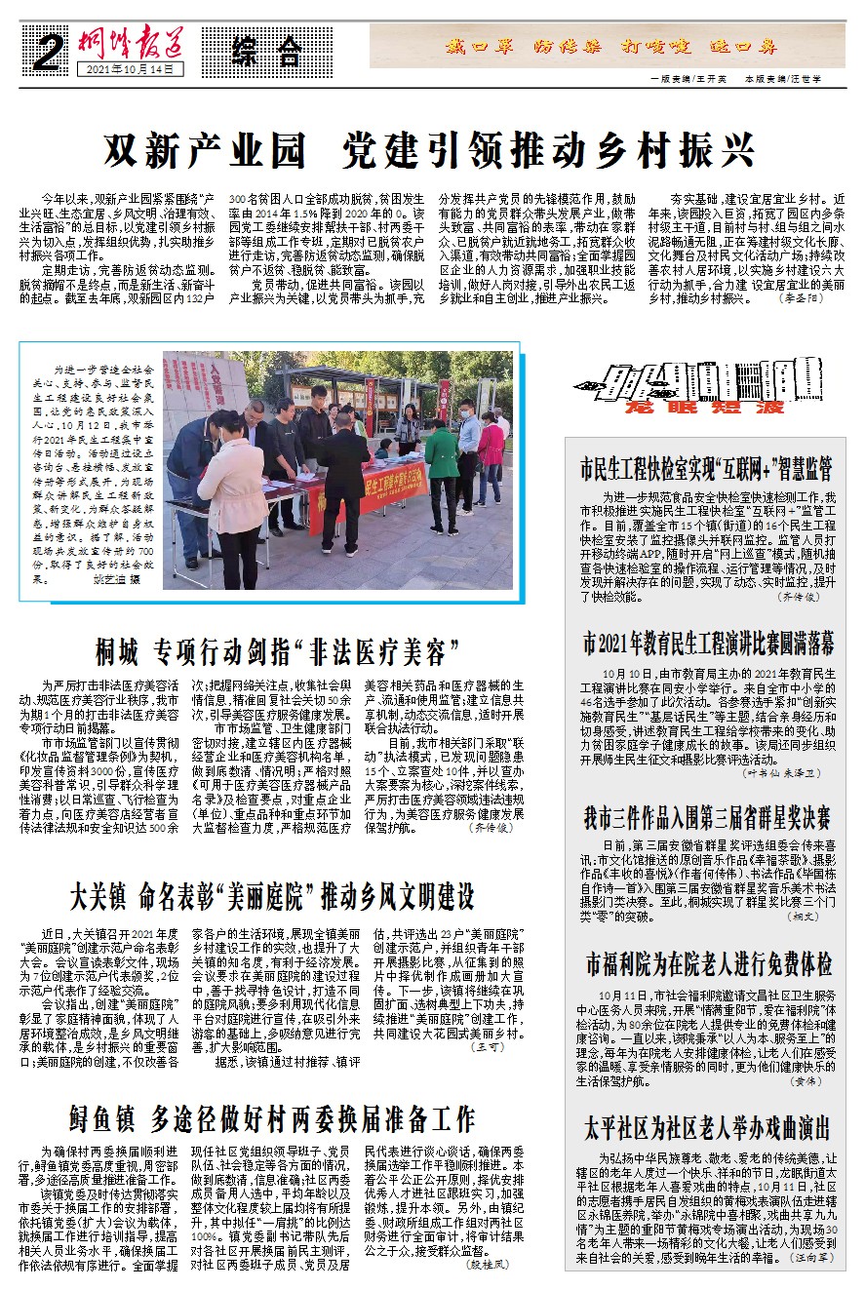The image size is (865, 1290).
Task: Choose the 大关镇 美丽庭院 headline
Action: (272, 894)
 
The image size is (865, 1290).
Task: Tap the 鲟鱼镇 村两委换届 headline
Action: (272, 1117)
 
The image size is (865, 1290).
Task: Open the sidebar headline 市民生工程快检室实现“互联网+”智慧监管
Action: (706, 466)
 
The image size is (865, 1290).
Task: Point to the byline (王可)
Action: (488, 1046)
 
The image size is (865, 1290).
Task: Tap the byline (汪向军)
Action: (812, 1258)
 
